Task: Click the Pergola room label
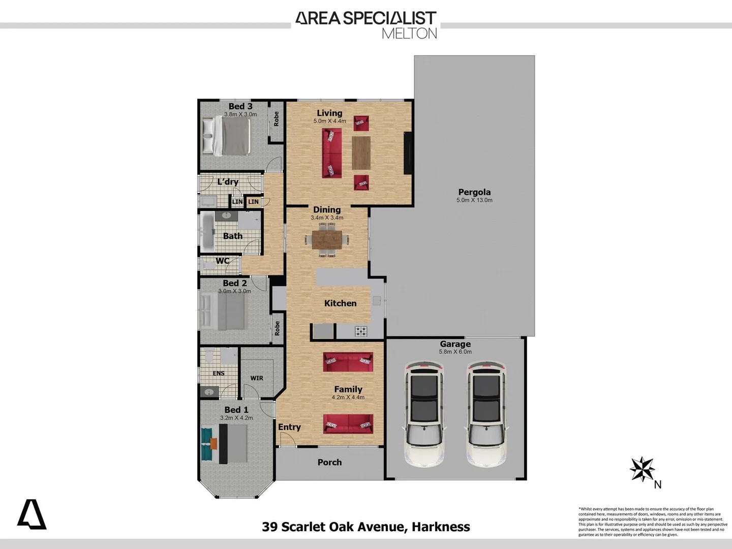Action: (474, 192)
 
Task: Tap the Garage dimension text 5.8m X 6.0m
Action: (455, 352)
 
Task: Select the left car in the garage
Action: (424, 414)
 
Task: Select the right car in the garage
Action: (487, 414)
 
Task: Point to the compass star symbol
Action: (642, 469)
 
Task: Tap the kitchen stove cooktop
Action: (361, 331)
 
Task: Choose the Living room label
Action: (329, 113)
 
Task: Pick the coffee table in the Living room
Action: (361, 152)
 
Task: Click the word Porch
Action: (329, 462)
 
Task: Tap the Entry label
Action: (289, 427)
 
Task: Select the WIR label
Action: (257, 378)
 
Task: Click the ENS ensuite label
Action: (219, 373)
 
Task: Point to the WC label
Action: (223, 261)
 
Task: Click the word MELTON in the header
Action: (409, 34)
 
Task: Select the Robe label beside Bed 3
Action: (277, 119)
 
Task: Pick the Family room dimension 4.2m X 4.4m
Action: (348, 398)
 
